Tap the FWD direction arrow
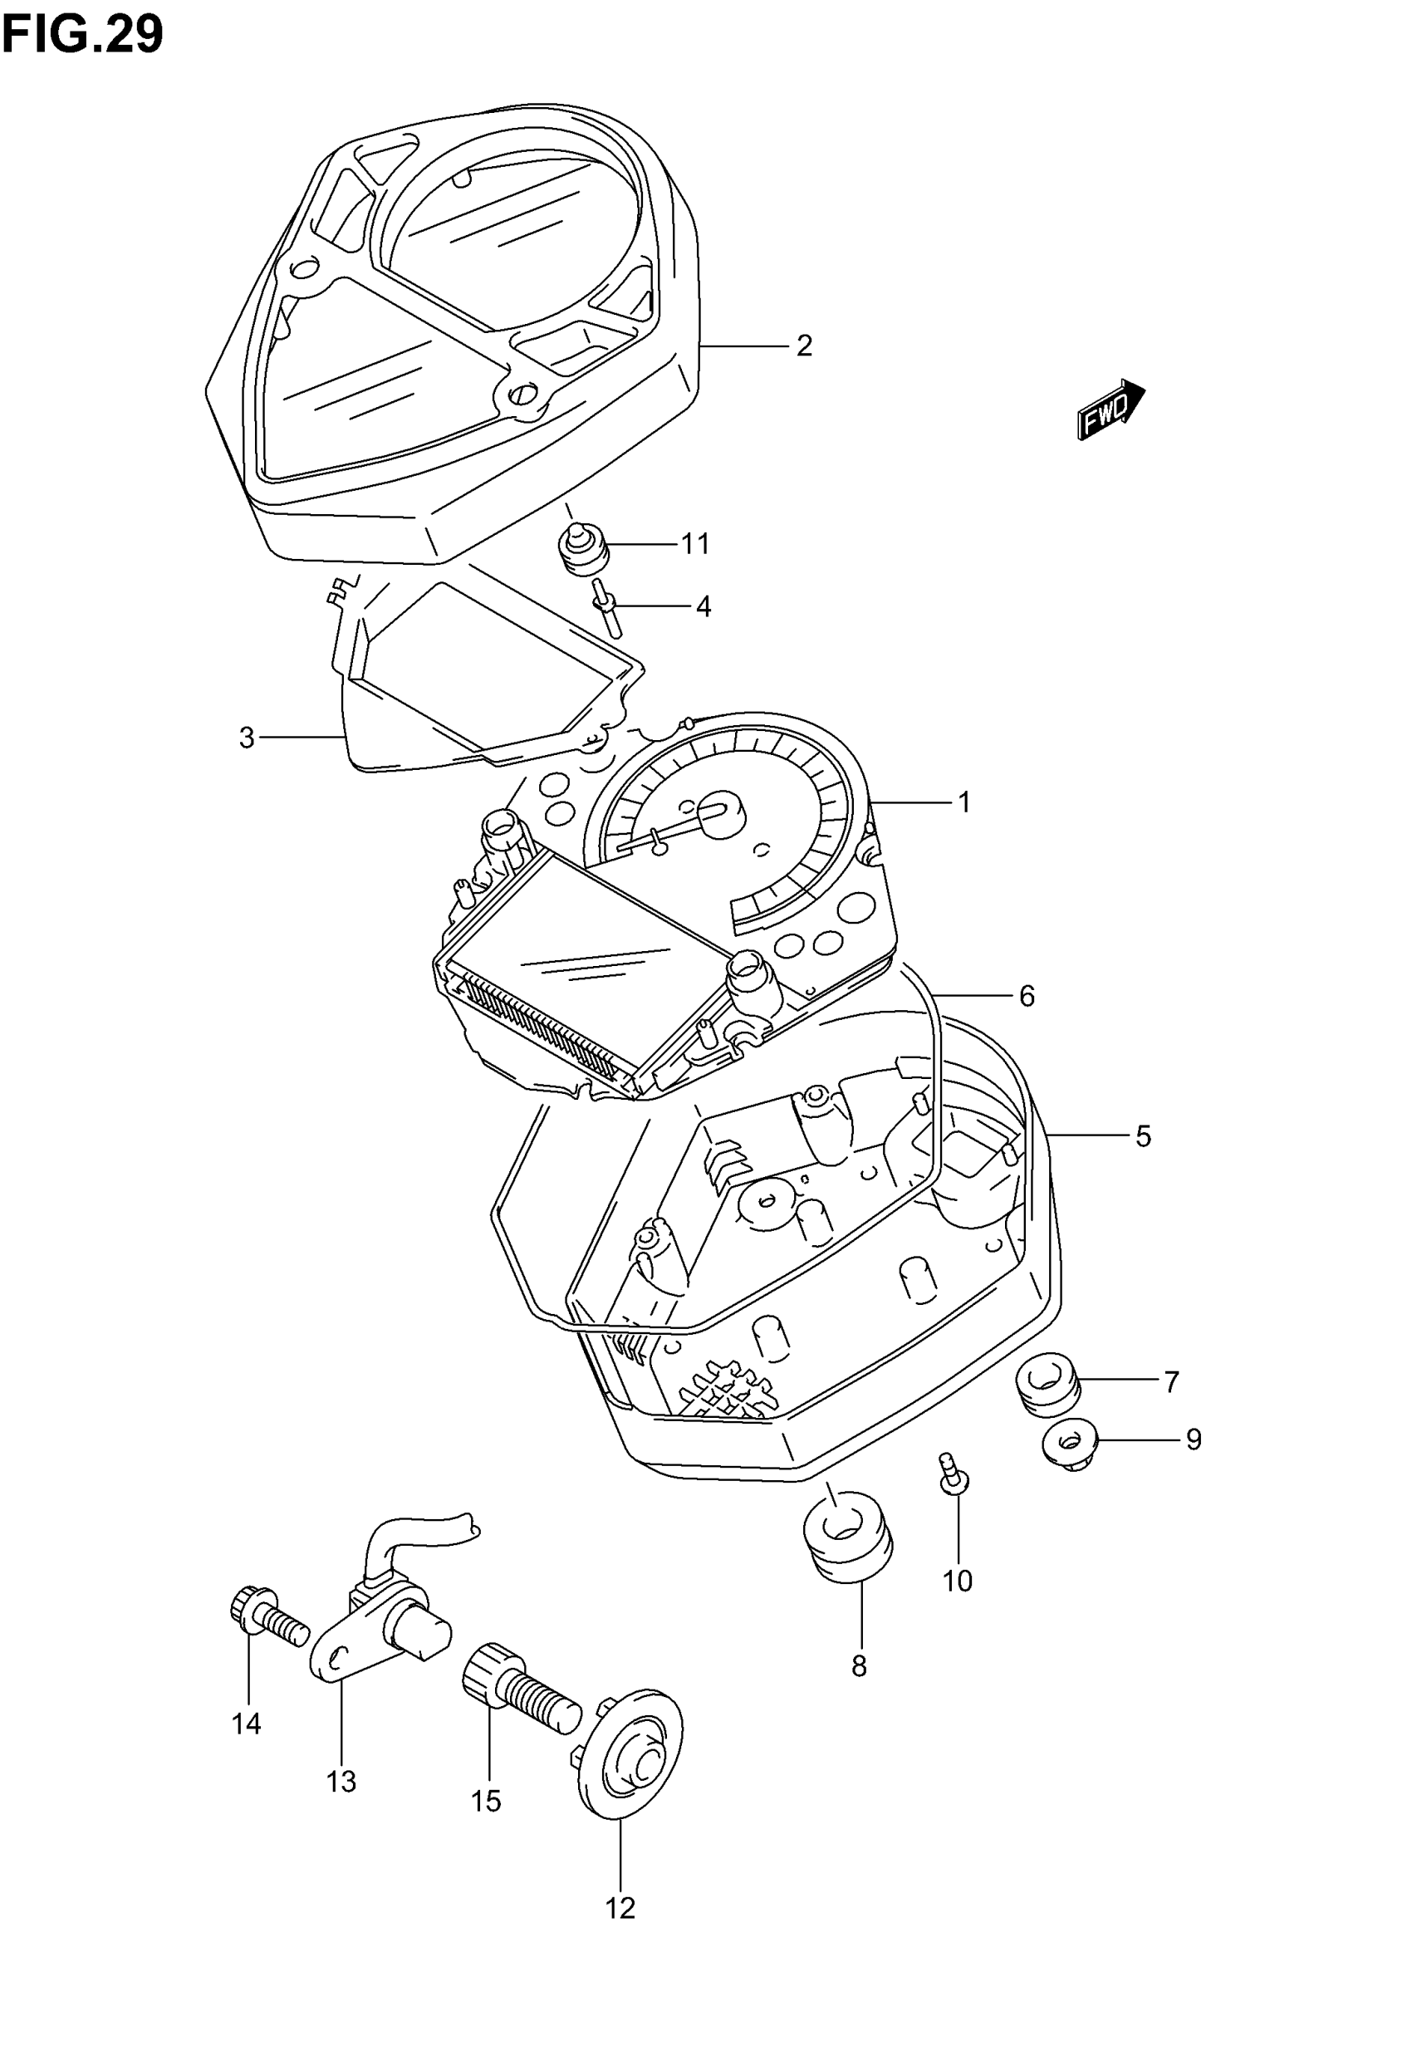[1110, 409]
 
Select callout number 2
[803, 346]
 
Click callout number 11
[695, 544]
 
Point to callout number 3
[247, 737]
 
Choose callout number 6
[1027, 997]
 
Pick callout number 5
[1143, 1136]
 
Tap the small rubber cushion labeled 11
[583, 550]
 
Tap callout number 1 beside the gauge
[964, 802]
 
